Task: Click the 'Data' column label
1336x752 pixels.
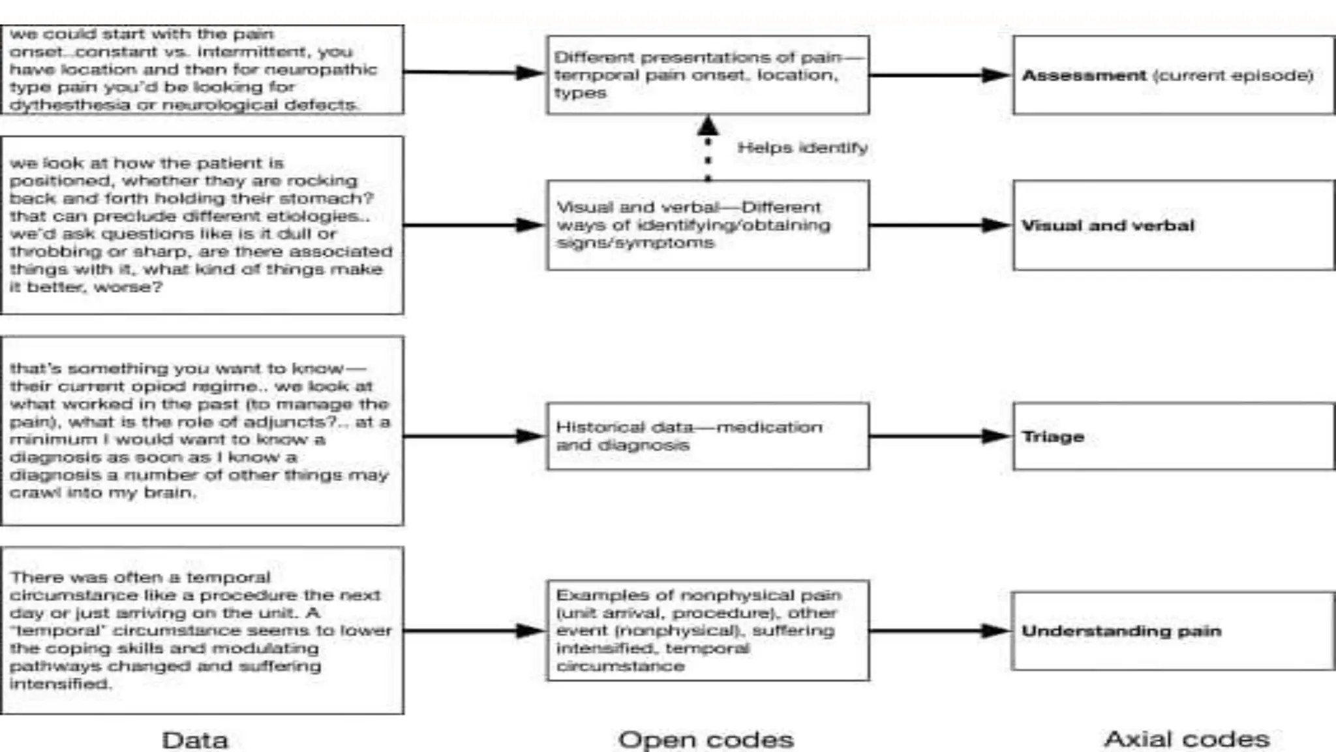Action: tap(194, 740)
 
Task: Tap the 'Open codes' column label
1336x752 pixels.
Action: tap(706, 740)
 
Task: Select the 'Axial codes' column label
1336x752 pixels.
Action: tap(1187, 739)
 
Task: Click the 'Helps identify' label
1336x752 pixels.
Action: tap(802, 148)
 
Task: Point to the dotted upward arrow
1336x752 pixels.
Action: tap(708, 149)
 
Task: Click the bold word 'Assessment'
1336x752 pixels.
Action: tap(1084, 76)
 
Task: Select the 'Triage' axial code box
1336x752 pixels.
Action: tap(1173, 436)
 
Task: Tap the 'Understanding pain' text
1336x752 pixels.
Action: tap(1121, 631)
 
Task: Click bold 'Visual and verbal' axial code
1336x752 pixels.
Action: tap(1108, 226)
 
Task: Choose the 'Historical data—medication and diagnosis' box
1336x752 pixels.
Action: tap(708, 436)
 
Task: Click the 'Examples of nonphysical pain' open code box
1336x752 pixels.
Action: tap(708, 631)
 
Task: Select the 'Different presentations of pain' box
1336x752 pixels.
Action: tap(708, 75)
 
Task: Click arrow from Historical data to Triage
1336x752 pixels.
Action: tap(940, 436)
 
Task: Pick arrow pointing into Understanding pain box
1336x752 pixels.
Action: tap(940, 631)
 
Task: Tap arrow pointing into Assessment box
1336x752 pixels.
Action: tap(940, 75)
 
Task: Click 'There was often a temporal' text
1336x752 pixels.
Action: tap(140, 578)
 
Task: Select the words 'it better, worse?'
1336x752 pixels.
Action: tap(85, 287)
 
